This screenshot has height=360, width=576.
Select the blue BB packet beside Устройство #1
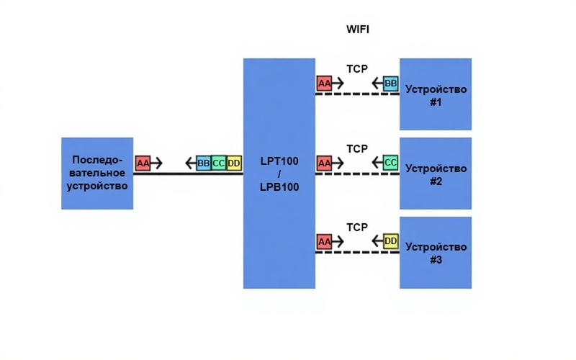(391, 84)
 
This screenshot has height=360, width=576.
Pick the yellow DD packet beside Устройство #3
(391, 241)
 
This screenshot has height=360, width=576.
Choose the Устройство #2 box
(436, 174)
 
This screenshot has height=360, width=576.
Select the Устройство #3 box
(436, 252)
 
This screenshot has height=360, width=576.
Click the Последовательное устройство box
(97, 173)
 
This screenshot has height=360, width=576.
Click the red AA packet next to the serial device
(143, 163)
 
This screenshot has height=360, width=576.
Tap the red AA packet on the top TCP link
(325, 84)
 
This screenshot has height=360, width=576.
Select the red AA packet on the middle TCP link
(325, 163)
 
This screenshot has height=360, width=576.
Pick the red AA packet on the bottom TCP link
(325, 241)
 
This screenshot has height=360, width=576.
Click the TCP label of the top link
(357, 70)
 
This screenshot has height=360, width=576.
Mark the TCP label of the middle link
(357, 148)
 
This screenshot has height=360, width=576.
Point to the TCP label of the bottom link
(357, 227)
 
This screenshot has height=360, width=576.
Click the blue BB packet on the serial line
(204, 163)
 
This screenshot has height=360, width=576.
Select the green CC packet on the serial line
(219, 163)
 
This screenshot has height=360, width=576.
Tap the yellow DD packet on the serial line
(234, 163)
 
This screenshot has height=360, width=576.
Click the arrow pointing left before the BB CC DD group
(189, 163)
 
